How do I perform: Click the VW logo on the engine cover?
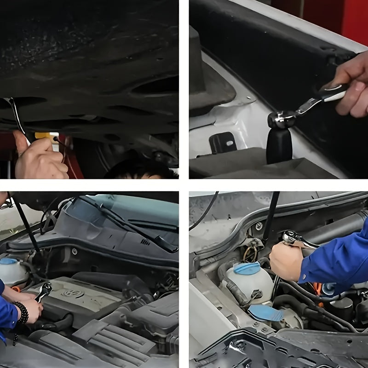[x=74, y=293]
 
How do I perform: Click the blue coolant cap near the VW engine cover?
[x=8, y=261]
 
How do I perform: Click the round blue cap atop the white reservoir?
[x=247, y=269]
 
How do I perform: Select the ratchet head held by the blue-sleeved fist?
[x=292, y=238]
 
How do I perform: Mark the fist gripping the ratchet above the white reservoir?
[x=286, y=260]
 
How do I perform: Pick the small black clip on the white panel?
[x=223, y=143]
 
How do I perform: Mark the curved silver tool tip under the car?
[x=17, y=113]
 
